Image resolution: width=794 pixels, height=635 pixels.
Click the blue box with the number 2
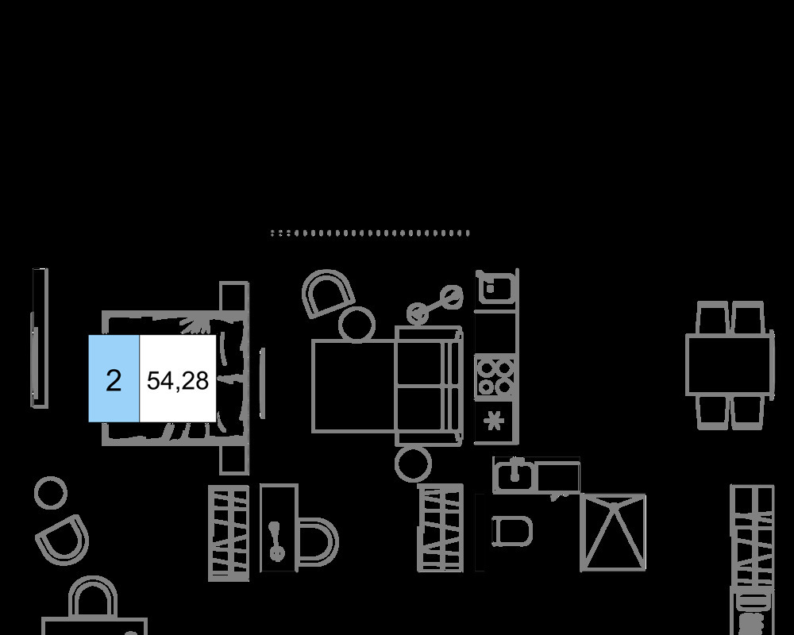(x=114, y=379)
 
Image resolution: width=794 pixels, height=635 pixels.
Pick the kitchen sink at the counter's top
(x=495, y=287)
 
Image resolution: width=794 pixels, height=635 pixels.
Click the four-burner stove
(x=495, y=377)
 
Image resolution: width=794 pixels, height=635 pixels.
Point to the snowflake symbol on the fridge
(x=495, y=421)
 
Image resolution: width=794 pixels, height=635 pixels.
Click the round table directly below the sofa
(x=413, y=464)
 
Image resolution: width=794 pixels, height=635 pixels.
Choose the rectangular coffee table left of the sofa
(x=353, y=387)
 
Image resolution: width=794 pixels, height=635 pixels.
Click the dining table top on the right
(x=730, y=365)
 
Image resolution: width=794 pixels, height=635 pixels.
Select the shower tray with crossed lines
(x=613, y=531)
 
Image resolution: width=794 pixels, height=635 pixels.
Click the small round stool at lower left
(x=50, y=492)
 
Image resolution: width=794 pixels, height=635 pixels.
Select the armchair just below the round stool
(x=62, y=538)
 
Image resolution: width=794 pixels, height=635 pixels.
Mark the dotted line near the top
(x=370, y=233)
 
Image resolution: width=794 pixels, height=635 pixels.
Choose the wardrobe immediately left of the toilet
(x=441, y=528)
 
